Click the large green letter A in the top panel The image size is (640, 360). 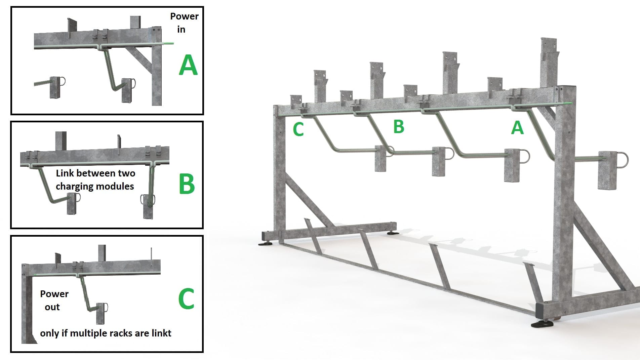point(188,65)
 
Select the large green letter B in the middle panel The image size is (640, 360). point(187,184)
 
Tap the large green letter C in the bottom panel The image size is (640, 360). point(186,298)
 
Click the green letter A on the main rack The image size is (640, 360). point(517,128)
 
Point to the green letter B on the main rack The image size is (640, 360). point(399,126)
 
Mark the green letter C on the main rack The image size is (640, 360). point(298,129)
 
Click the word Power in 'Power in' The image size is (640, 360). point(184,16)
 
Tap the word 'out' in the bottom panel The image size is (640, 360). point(52,307)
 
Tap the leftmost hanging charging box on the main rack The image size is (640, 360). point(381,158)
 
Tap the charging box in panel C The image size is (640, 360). point(100,313)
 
